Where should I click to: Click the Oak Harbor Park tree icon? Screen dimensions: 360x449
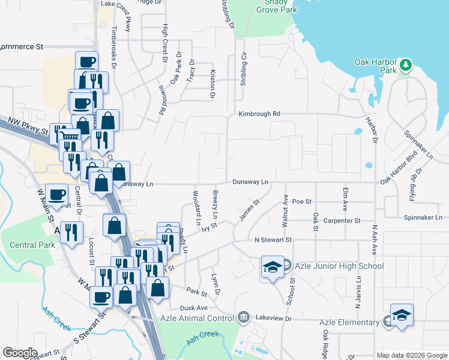(406, 64)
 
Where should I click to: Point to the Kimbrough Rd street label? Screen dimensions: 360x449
(259, 113)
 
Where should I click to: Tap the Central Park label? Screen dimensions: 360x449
(32, 245)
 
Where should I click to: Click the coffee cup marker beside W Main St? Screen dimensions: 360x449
(56, 194)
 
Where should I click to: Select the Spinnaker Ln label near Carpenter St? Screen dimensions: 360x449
(423, 217)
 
